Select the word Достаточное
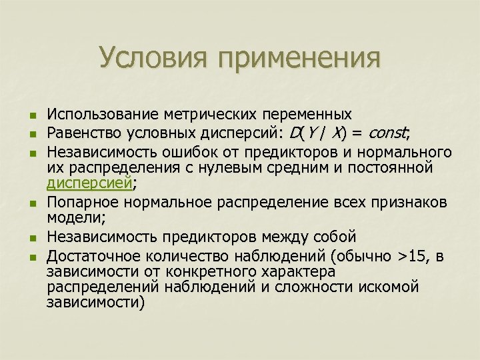(97, 257)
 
